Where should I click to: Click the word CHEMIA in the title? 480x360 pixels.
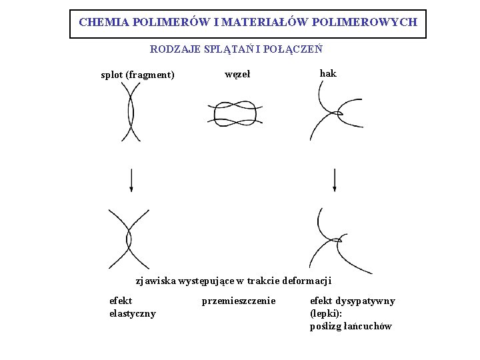click(x=103, y=22)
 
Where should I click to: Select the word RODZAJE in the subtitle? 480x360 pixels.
click(x=171, y=49)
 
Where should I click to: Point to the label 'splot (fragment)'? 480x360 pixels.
click(x=137, y=75)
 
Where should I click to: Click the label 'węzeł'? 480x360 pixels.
click(x=237, y=74)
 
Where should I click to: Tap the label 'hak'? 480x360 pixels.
click(x=328, y=73)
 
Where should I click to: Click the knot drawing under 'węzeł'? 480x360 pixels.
click(x=231, y=113)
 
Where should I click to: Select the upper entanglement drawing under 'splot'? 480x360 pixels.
click(x=131, y=114)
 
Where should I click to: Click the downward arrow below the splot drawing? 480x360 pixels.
click(x=131, y=180)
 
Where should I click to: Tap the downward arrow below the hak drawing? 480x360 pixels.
click(x=334, y=180)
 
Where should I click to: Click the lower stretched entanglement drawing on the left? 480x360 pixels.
click(x=129, y=238)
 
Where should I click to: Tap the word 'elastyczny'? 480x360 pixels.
click(x=132, y=313)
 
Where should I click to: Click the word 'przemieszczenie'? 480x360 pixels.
click(x=238, y=301)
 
